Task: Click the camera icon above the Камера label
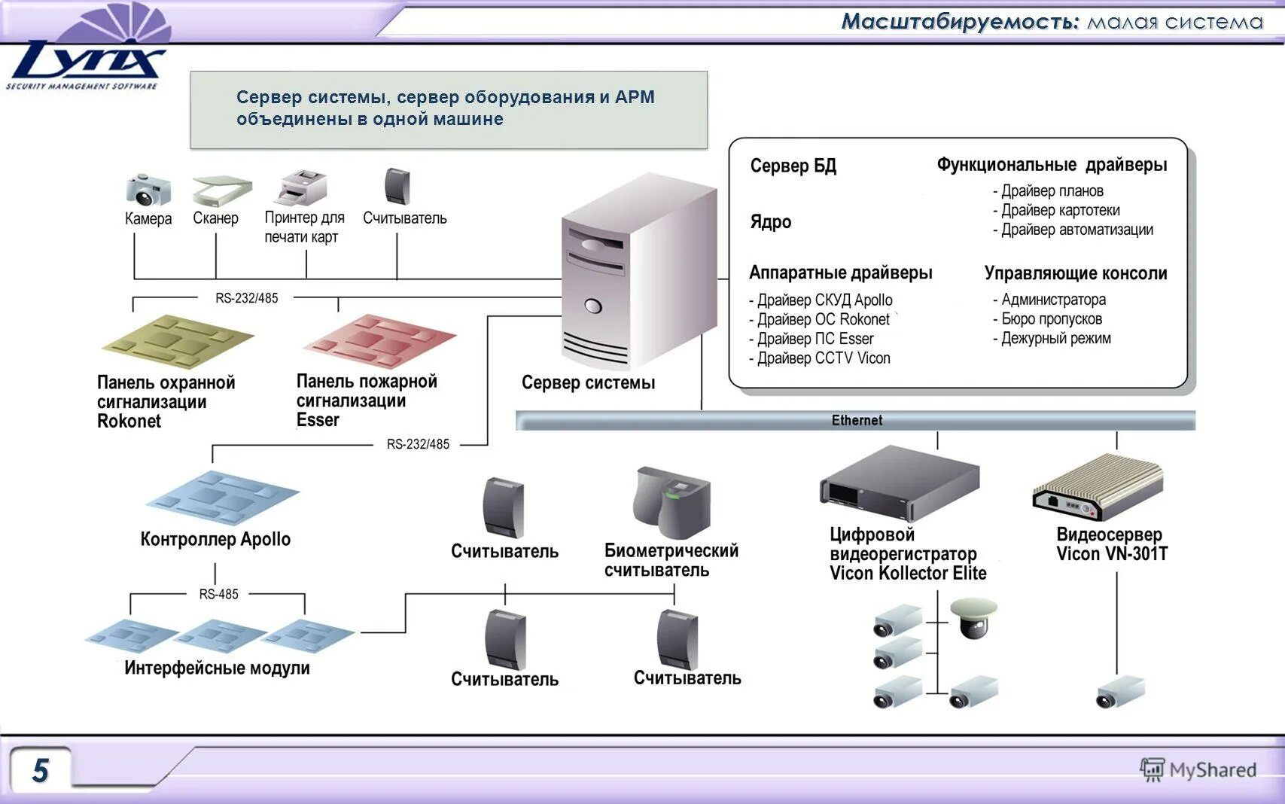click(x=148, y=189)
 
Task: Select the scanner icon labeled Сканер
click(x=221, y=190)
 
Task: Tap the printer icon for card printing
click(x=303, y=187)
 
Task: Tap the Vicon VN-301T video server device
click(x=1099, y=489)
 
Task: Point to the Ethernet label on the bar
click(x=857, y=420)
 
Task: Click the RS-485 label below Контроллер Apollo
click(x=218, y=594)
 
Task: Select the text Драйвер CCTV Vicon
click(x=824, y=358)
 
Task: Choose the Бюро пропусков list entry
click(x=1051, y=319)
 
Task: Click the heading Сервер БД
click(x=793, y=166)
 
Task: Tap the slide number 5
click(x=41, y=770)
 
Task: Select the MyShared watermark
click(x=1198, y=769)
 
